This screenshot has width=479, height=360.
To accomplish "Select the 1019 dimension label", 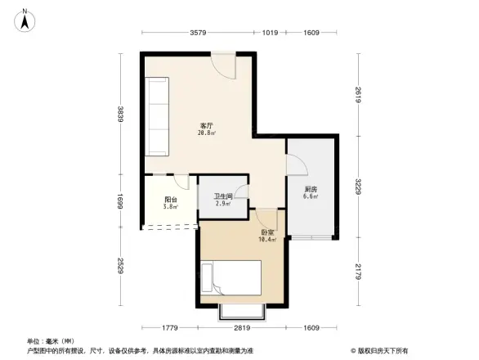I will tap(271, 33).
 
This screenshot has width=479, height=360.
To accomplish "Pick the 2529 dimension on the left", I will tap(119, 267).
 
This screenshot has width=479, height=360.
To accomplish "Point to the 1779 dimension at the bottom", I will tap(168, 329).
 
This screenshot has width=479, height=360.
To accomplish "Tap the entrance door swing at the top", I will tap(224, 65).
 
